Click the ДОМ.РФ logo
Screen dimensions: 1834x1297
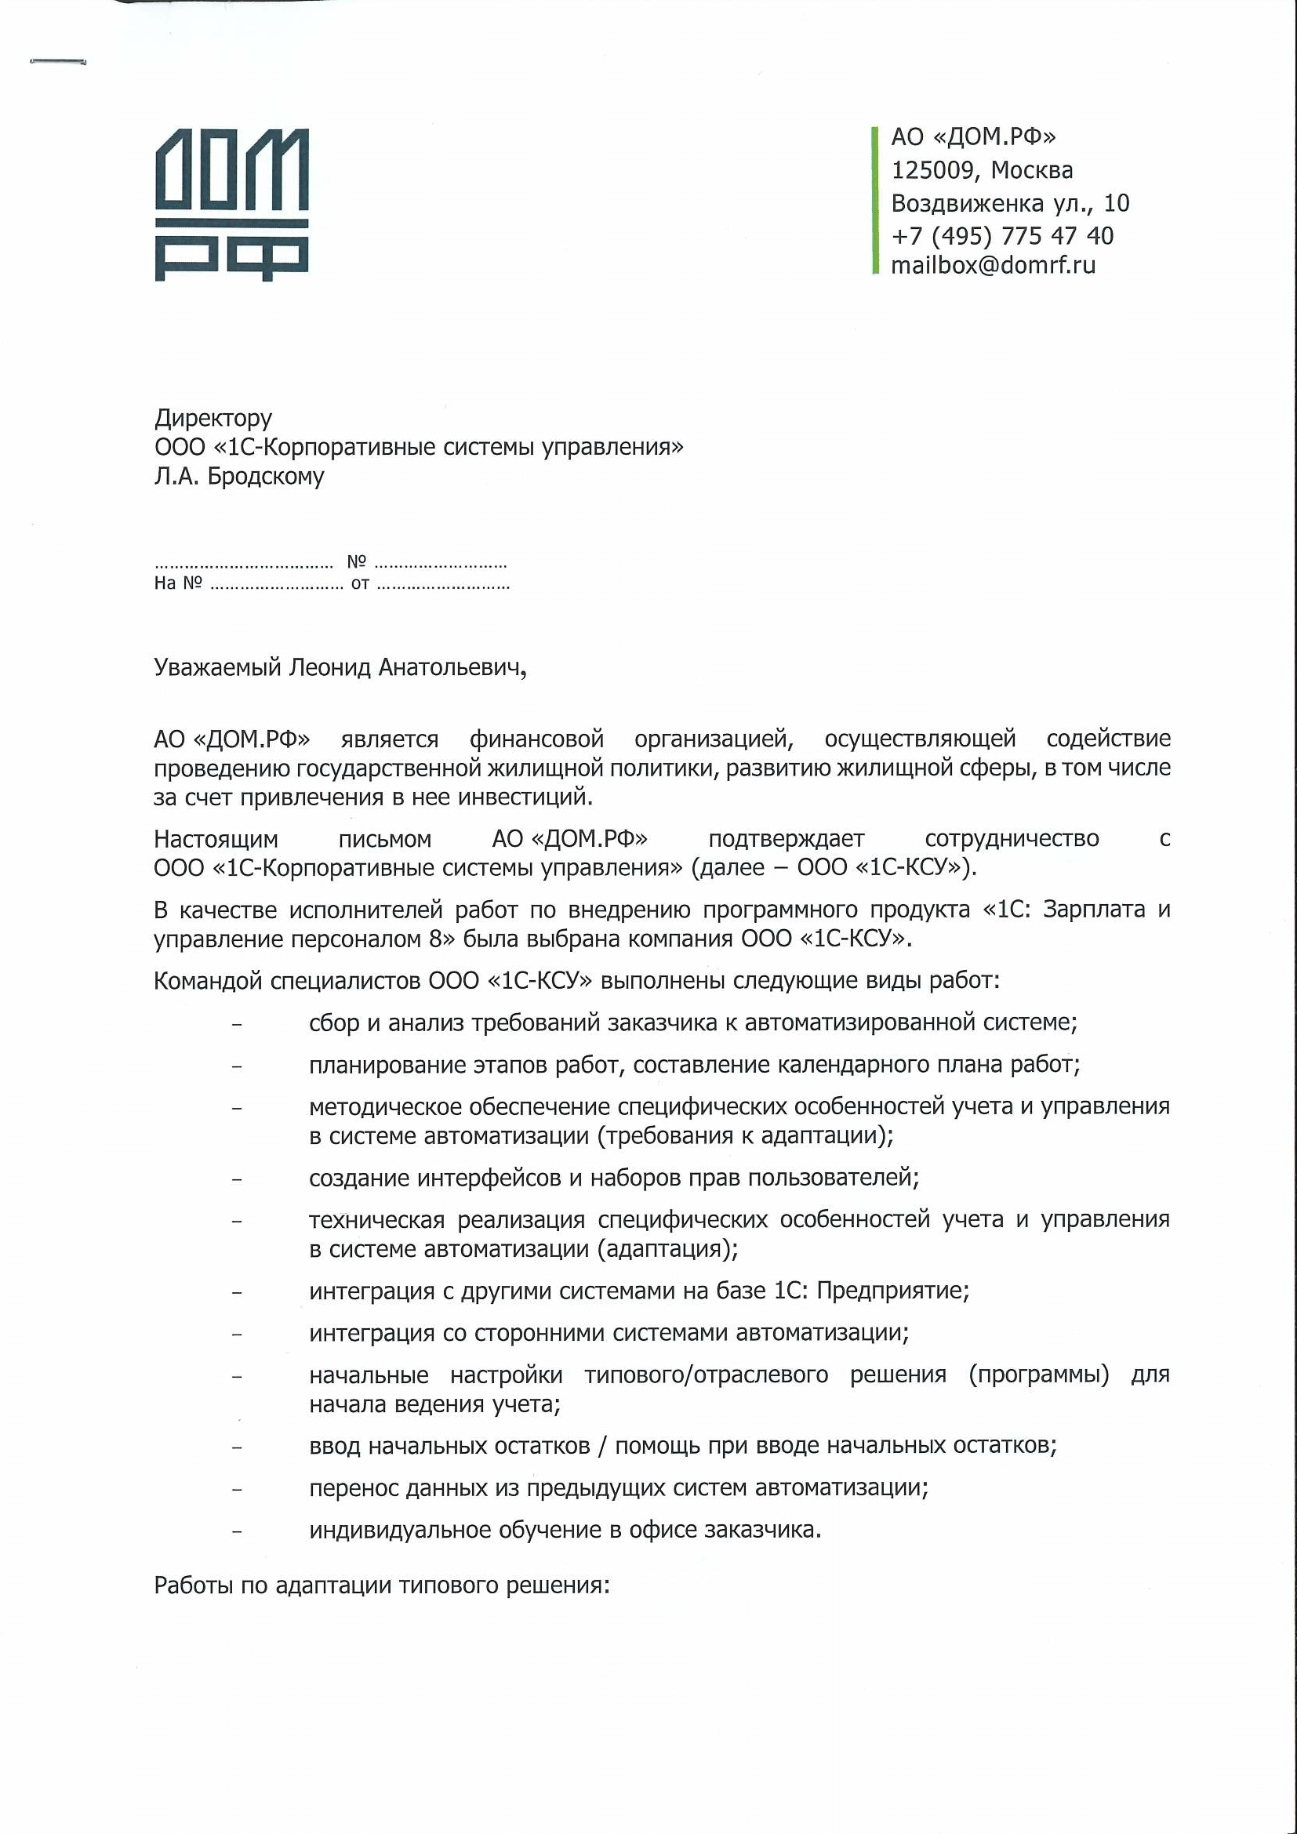click(x=231, y=205)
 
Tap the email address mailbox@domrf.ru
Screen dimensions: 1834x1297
click(x=993, y=265)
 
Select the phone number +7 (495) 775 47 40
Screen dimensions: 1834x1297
click(x=1001, y=236)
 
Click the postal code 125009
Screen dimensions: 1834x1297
click(x=932, y=170)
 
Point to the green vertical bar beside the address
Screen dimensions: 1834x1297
click(x=875, y=201)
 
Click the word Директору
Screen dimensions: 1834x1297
click(x=213, y=418)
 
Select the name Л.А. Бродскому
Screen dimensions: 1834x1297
click(x=239, y=476)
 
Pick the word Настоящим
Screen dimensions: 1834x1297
click(x=216, y=839)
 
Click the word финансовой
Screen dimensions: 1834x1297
click(x=536, y=739)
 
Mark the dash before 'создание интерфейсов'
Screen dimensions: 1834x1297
click(x=236, y=1179)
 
